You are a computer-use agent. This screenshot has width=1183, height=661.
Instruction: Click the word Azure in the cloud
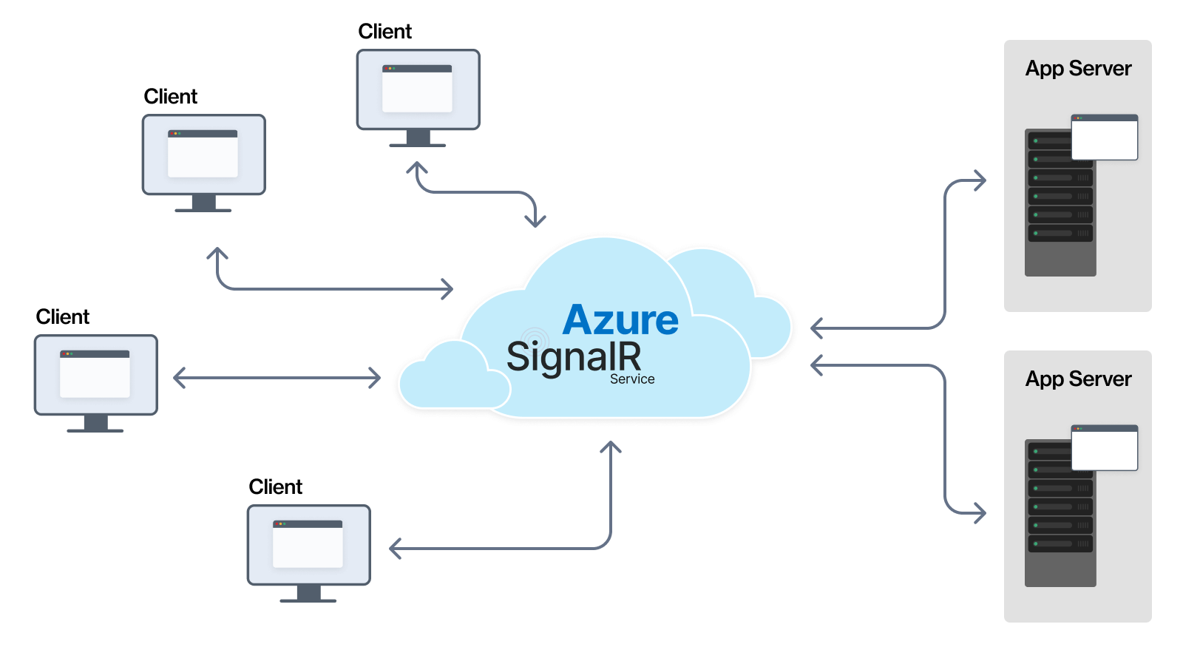pyautogui.click(x=620, y=320)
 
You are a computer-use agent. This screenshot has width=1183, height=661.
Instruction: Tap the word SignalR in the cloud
pyautogui.click(x=574, y=357)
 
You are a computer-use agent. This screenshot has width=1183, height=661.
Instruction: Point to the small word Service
pyautogui.click(x=632, y=379)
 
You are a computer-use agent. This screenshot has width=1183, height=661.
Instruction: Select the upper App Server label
pyautogui.click(x=1078, y=69)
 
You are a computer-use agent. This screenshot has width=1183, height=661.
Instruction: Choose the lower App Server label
pyautogui.click(x=1078, y=379)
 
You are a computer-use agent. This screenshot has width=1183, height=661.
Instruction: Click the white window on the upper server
pyautogui.click(x=1105, y=138)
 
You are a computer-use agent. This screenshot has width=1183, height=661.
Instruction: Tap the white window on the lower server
pyautogui.click(x=1105, y=449)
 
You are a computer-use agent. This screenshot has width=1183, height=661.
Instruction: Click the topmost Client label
pyautogui.click(x=384, y=32)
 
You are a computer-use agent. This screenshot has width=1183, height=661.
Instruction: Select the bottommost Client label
pyautogui.click(x=275, y=487)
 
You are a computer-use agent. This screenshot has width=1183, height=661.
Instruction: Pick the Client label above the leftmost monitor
pyautogui.click(x=63, y=317)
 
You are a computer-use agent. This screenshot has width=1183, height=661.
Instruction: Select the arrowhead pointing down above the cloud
pyautogui.click(x=535, y=220)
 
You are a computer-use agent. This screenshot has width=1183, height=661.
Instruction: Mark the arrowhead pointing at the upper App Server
pyautogui.click(x=980, y=180)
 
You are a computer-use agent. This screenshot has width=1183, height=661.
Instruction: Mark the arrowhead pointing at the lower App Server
pyautogui.click(x=980, y=512)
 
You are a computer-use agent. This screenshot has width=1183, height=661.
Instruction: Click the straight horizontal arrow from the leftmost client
pyautogui.click(x=277, y=379)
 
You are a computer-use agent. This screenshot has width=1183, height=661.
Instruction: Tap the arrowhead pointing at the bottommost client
pyautogui.click(x=396, y=549)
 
